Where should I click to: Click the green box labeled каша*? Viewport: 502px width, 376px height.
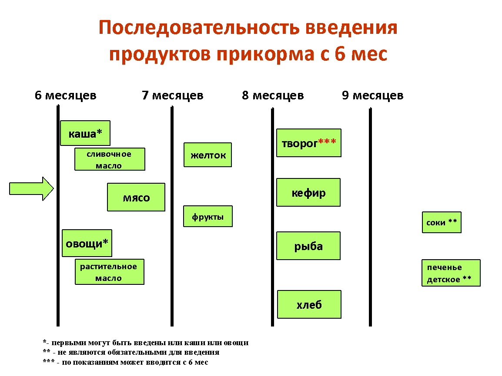tap(85, 133)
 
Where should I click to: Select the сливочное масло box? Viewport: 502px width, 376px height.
tap(110, 159)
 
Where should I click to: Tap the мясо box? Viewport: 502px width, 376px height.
tap(136, 197)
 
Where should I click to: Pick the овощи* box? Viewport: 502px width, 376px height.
tap(87, 243)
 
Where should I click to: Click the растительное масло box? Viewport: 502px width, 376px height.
tap(110, 272)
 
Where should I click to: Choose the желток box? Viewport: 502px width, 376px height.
tap(208, 155)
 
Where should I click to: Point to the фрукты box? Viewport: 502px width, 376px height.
tap(208, 216)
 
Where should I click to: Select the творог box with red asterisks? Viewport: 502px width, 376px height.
tap(308, 143)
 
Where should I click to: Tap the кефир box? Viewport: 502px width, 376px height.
tap(308, 192)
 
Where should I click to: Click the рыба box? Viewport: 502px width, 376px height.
tap(308, 246)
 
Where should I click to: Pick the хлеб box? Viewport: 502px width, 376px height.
tap(309, 304)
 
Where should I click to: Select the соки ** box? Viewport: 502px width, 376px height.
tap(442, 222)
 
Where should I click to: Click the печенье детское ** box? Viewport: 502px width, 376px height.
tap(451, 273)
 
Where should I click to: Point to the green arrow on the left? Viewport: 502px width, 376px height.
tap(31, 189)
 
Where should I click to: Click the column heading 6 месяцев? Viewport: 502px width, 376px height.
tap(66, 95)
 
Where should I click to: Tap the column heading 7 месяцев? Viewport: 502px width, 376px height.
tap(173, 95)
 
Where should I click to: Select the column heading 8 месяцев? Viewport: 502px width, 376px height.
tap(273, 95)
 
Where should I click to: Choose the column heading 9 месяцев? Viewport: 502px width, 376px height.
tap(373, 95)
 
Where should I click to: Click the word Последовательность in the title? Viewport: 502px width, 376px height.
tap(199, 27)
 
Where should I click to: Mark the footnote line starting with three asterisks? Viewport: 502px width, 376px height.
tap(125, 362)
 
